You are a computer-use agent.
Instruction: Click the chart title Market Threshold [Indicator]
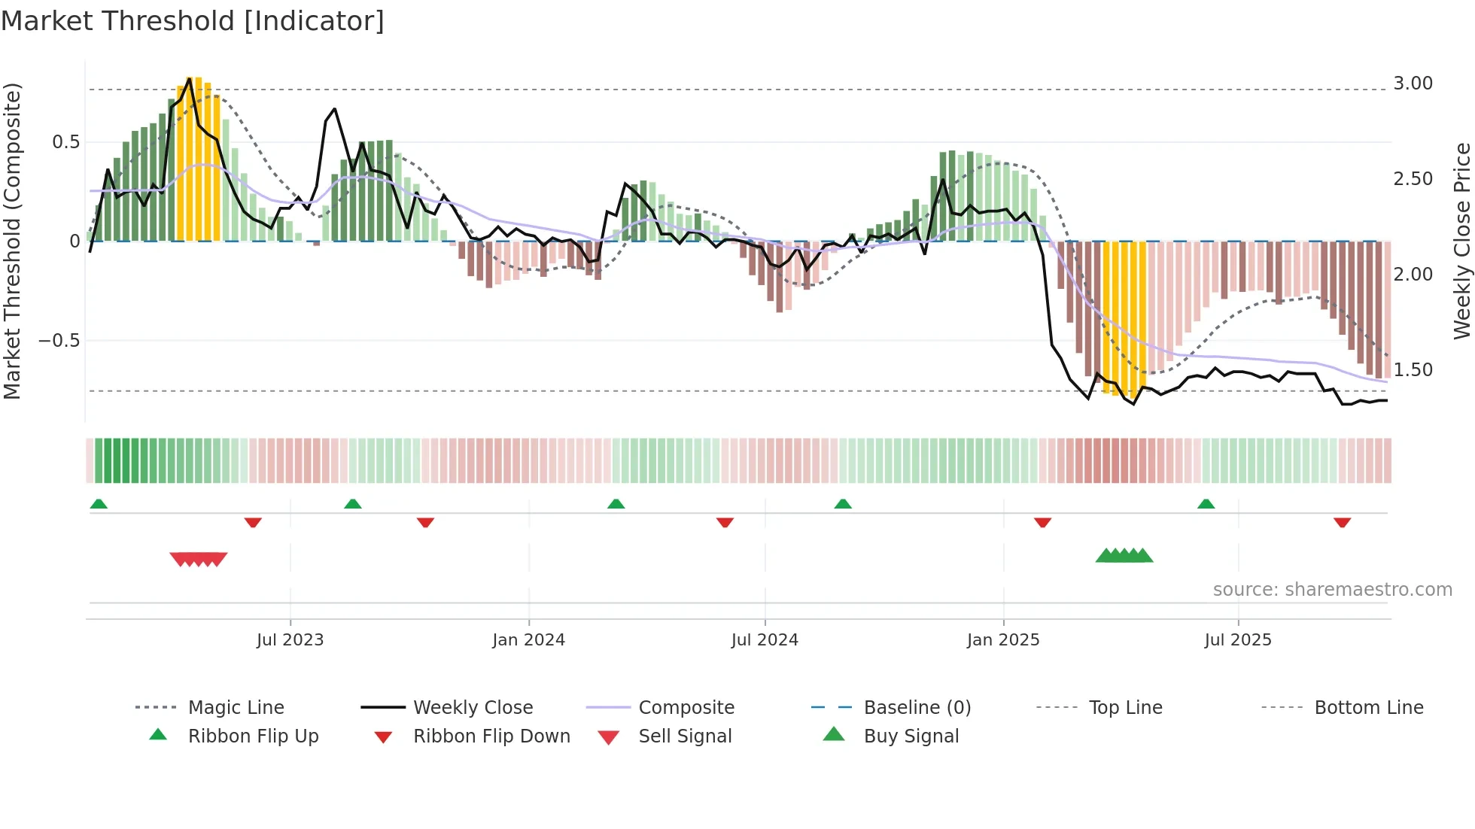[x=193, y=21]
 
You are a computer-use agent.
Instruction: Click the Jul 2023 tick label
[x=290, y=640]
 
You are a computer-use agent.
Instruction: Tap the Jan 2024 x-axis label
[x=528, y=640]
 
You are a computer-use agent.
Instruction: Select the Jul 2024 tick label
[x=765, y=640]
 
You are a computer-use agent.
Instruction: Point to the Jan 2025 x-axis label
[x=1003, y=640]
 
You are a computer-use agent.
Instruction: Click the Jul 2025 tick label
[x=1238, y=640]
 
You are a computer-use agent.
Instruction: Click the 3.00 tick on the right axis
[x=1413, y=84]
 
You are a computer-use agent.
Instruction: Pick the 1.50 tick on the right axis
[x=1413, y=370]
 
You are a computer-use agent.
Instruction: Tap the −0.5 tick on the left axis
[x=59, y=341]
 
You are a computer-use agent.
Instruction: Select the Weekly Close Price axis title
[x=1461, y=241]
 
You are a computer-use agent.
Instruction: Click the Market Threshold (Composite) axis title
[x=12, y=241]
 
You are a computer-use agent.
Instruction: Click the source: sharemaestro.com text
[x=1332, y=590]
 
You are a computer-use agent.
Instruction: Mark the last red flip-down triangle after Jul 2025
[x=1342, y=522]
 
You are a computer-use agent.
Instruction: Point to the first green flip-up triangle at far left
[x=99, y=504]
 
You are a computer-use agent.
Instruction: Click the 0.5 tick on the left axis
[x=65, y=142]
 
